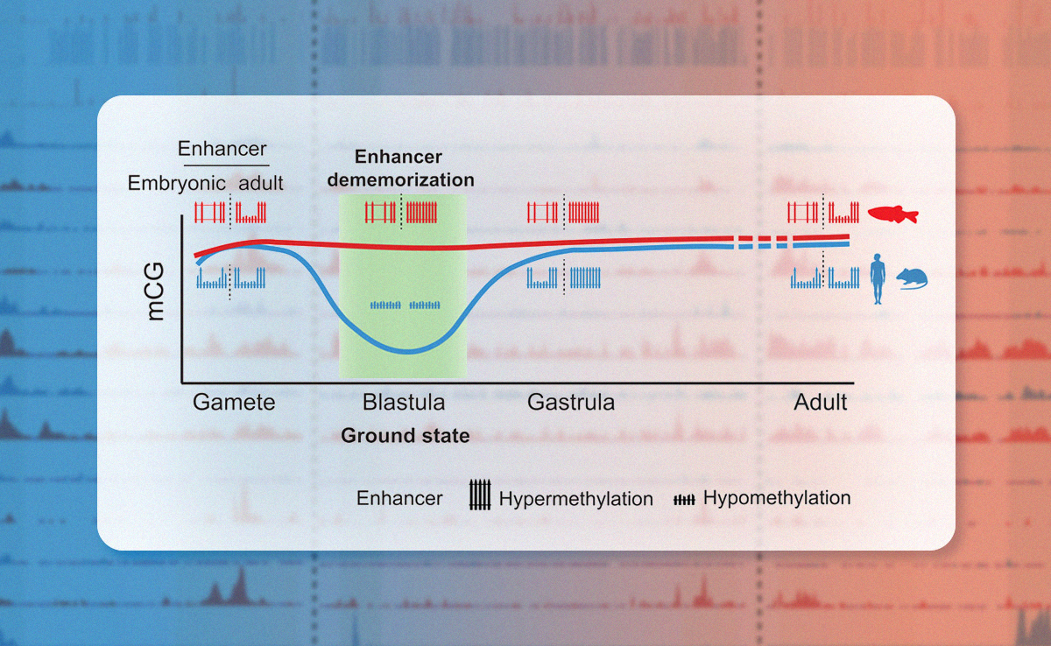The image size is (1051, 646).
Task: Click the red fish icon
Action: tap(893, 214)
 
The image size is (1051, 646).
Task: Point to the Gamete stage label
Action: tap(234, 403)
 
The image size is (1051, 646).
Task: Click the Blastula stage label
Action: tap(404, 403)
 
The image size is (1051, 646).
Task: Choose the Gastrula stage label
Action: tap(571, 403)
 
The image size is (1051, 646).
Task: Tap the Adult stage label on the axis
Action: tap(821, 403)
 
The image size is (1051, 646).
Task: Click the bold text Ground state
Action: tap(405, 435)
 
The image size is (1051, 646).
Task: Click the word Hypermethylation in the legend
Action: tap(576, 499)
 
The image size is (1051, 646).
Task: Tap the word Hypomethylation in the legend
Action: tap(777, 498)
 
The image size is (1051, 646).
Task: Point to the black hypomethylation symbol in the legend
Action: tap(683, 499)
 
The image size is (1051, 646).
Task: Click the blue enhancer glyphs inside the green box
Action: tap(405, 305)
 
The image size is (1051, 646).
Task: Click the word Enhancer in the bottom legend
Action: tap(399, 499)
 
